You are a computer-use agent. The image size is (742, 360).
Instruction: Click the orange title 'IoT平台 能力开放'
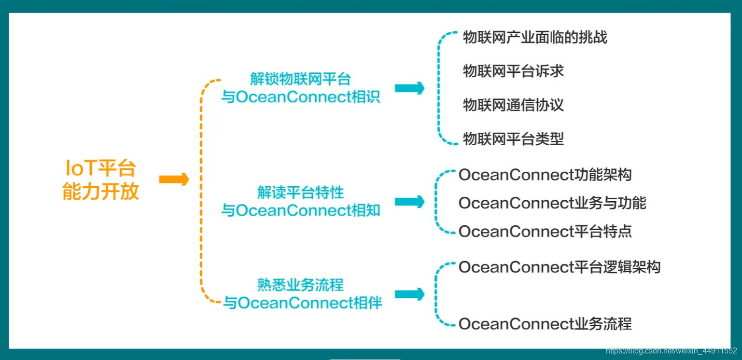click(101, 180)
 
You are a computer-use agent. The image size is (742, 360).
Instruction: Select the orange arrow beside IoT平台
click(174, 180)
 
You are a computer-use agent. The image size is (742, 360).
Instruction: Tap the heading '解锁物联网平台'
click(300, 79)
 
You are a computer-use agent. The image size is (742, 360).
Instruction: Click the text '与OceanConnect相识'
click(300, 97)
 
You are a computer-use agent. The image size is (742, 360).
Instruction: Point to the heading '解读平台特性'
click(300, 193)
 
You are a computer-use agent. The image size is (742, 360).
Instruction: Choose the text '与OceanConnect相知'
click(300, 211)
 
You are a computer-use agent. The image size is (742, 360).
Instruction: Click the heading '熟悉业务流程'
click(300, 285)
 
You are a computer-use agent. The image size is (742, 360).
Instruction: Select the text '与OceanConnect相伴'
click(302, 303)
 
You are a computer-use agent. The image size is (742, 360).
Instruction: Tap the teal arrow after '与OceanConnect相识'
click(409, 88)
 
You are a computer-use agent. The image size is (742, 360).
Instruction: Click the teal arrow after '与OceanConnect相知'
click(409, 202)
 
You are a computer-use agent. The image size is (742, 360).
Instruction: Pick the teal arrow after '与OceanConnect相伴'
click(409, 294)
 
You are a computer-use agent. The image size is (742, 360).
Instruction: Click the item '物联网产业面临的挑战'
click(535, 38)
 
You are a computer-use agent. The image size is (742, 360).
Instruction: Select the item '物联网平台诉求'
click(513, 71)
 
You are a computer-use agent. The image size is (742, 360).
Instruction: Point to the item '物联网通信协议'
click(513, 105)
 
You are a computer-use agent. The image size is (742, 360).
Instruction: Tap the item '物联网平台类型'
click(513, 139)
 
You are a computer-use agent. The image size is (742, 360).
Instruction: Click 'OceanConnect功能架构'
click(545, 175)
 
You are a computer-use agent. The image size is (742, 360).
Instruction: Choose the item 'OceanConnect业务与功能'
click(552, 203)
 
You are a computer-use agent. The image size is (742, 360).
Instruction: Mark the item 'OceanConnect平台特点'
click(545, 232)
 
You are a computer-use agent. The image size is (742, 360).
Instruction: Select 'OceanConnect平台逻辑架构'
click(560, 267)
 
